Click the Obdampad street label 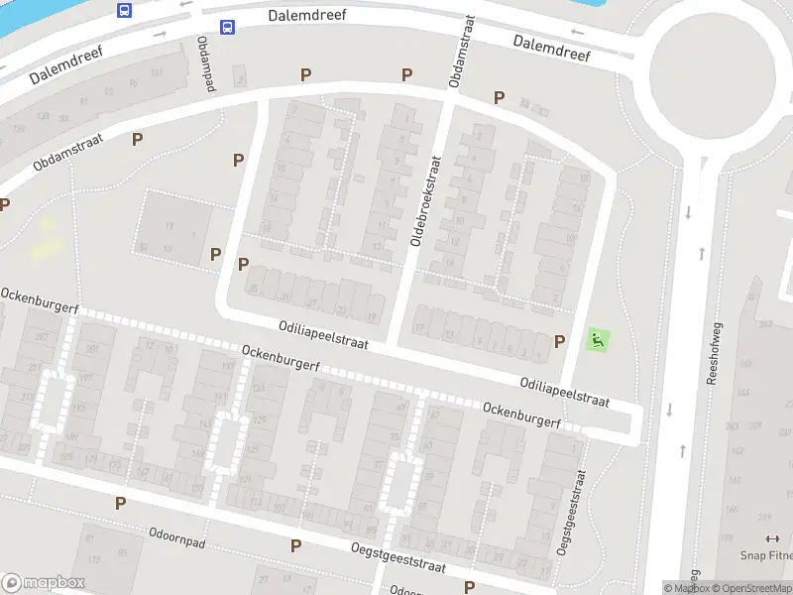point(205,64)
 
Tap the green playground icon point(598,340)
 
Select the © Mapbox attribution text point(685,588)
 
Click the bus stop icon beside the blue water point(125,10)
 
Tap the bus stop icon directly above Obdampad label point(228,28)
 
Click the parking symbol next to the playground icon point(560,341)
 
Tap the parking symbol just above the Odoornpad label point(120,503)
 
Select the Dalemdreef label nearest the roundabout point(552,48)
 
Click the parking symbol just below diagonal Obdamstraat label point(138,140)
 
